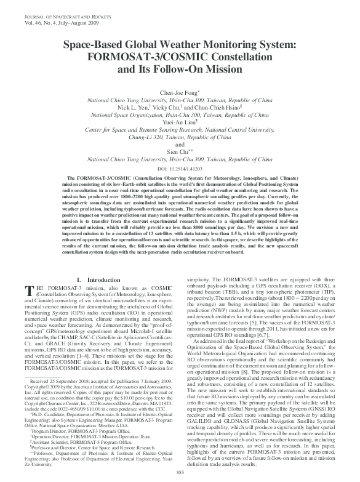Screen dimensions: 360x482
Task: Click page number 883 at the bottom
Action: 180,472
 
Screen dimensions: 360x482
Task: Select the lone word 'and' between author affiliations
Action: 180,145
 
